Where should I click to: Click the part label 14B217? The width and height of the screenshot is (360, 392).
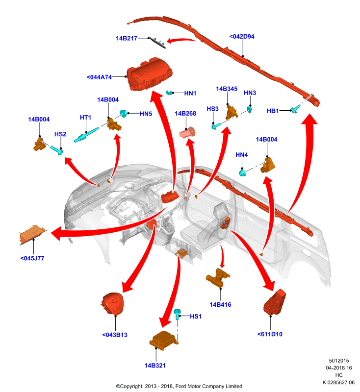point(127,38)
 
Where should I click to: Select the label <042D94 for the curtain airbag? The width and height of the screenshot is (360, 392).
point(242,36)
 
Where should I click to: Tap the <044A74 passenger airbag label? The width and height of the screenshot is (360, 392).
point(99,77)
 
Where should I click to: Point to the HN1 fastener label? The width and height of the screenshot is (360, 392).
point(190,93)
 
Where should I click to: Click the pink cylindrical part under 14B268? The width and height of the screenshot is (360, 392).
point(187,132)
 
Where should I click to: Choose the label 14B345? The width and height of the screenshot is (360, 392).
point(227,89)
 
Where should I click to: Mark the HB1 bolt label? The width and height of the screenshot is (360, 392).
point(273,111)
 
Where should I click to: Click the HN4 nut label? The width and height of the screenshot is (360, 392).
point(242,155)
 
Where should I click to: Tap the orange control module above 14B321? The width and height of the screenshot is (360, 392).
point(164,339)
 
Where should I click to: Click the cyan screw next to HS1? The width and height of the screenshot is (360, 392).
point(178,314)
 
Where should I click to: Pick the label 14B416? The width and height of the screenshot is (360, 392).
point(220,304)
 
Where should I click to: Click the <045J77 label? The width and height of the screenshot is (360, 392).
point(32,258)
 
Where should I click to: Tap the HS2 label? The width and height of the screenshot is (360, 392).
point(60,134)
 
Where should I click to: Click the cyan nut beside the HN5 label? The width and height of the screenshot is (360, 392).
point(123,113)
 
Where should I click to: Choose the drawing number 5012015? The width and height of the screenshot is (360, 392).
point(339,361)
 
